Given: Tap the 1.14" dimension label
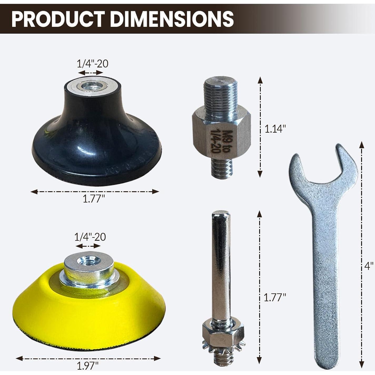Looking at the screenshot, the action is (275, 129).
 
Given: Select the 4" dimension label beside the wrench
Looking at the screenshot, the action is (369, 266).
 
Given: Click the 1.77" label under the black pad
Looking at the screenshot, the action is (94, 199).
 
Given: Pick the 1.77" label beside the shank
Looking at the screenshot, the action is (275, 297).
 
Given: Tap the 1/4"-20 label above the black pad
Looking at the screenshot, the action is (92, 64).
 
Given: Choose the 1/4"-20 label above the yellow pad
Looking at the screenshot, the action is (90, 237).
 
